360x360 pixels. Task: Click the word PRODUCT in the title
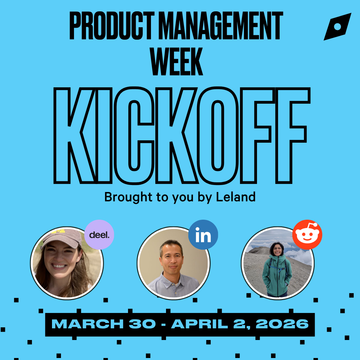click(112, 25)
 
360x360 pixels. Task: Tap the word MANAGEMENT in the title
click(221, 25)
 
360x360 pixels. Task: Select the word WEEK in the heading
click(176, 62)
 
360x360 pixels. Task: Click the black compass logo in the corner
click(337, 27)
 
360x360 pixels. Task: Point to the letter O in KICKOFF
click(218, 135)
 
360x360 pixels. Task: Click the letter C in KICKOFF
click(134, 135)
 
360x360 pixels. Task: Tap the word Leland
click(236, 197)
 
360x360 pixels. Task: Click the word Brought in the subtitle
click(128, 197)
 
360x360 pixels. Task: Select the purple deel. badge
click(99, 235)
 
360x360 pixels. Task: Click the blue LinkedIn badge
click(203, 235)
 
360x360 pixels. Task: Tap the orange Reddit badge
click(307, 235)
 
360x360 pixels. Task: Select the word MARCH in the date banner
click(88, 324)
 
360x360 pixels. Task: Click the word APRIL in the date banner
click(200, 324)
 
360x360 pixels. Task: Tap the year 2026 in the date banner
click(282, 324)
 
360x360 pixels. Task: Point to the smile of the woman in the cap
click(59, 266)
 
